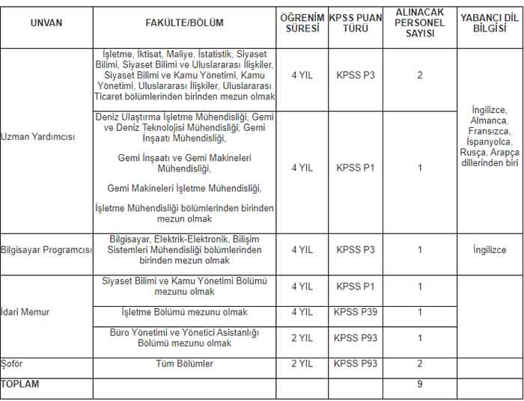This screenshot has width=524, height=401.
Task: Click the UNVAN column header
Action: [x=46, y=23]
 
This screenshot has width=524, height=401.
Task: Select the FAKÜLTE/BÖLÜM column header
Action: [x=184, y=23]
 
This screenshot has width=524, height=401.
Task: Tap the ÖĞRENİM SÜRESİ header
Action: [x=302, y=23]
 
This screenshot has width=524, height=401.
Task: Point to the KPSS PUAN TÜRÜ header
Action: [x=356, y=23]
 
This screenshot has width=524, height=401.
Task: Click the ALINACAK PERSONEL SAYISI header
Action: [x=419, y=23]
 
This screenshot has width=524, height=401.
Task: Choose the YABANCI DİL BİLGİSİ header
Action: [x=490, y=23]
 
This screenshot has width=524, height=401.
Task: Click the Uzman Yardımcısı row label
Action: [x=38, y=137]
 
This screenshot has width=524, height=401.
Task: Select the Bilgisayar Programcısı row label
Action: [x=46, y=250]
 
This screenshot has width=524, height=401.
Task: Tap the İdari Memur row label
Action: [x=25, y=312]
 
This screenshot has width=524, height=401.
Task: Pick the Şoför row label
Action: [x=13, y=364]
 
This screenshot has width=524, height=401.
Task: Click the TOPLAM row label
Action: [x=20, y=384]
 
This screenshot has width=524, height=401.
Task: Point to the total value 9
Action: [x=420, y=385]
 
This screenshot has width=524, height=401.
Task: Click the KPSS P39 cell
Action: [x=356, y=312]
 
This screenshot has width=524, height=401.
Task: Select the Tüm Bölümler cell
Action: [x=183, y=364]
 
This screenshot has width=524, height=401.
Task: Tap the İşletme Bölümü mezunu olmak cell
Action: [x=184, y=312]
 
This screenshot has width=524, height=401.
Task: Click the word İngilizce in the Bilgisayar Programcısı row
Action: [x=490, y=251]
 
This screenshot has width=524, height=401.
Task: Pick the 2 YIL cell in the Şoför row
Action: [x=302, y=364]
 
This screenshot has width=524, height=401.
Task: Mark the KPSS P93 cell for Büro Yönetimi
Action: [x=356, y=338]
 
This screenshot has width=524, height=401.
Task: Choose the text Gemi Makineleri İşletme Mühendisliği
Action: [x=184, y=188]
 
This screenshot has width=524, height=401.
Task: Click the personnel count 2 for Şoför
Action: [x=420, y=364]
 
